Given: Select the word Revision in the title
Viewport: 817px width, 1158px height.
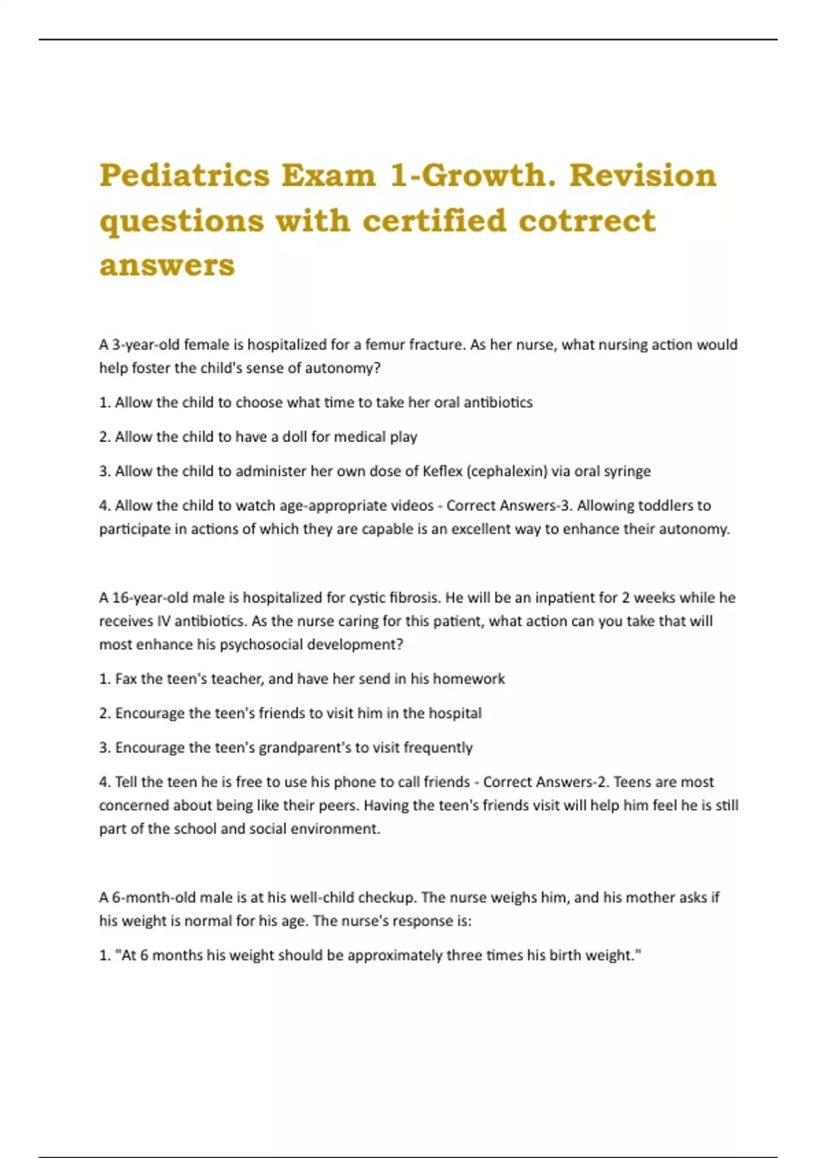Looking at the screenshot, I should tap(643, 175).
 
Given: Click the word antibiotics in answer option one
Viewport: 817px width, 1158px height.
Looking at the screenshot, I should tap(498, 403).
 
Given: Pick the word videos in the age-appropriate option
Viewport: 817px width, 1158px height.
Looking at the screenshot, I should tap(412, 505).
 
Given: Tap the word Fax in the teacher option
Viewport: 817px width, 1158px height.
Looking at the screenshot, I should tap(126, 679).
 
